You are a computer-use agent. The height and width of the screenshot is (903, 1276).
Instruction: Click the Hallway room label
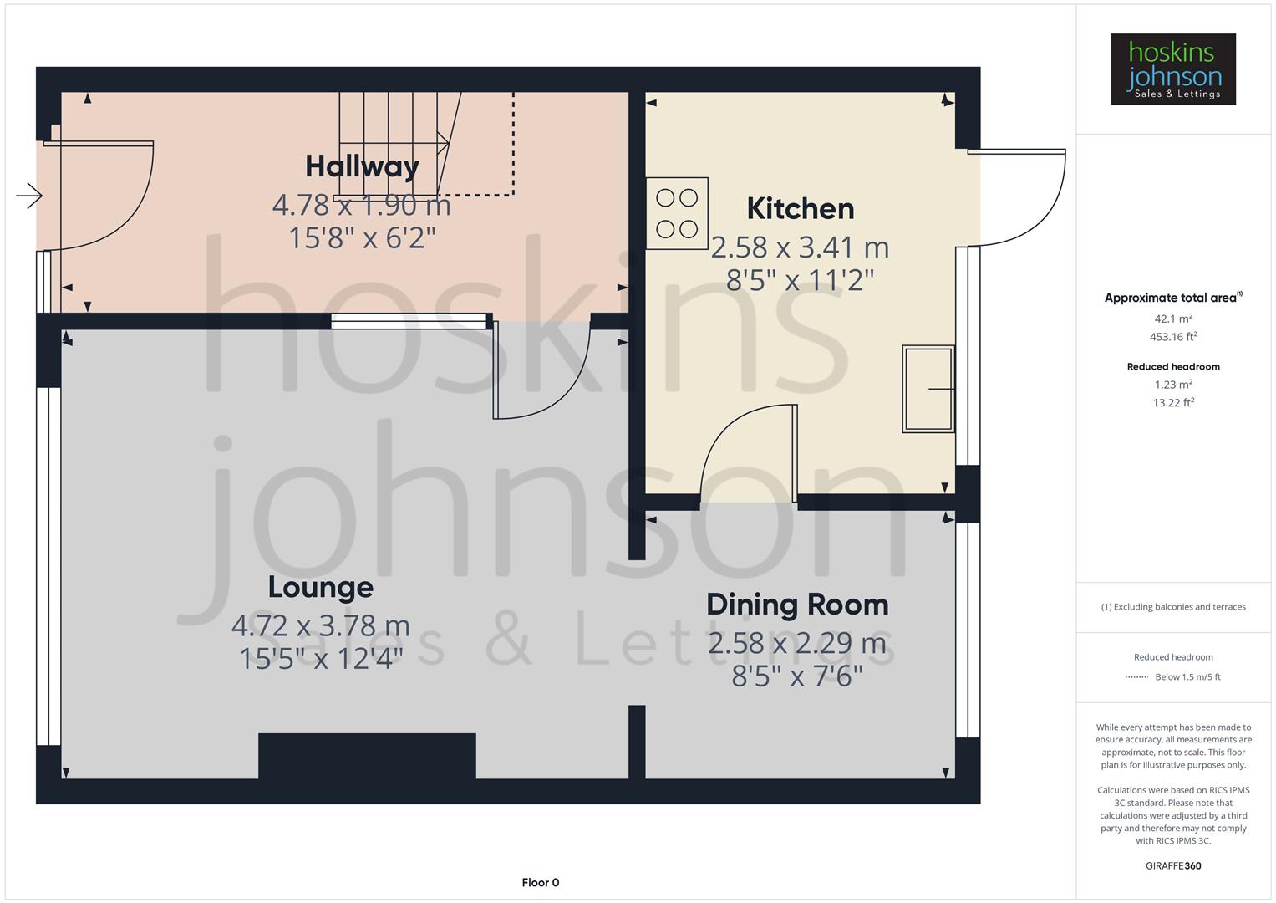tap(362, 166)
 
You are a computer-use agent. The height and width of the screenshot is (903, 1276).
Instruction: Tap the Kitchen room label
tap(800, 208)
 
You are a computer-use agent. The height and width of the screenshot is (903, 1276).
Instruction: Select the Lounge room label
tap(320, 587)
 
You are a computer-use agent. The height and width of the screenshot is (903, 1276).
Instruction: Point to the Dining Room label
tap(797, 605)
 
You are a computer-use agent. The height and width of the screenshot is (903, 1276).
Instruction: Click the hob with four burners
tap(677, 213)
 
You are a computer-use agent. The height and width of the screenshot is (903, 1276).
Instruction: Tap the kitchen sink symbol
tap(928, 389)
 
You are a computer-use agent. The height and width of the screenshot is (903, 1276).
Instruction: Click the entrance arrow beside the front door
tap(29, 196)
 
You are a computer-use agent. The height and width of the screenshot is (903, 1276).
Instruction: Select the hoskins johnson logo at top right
tap(1172, 69)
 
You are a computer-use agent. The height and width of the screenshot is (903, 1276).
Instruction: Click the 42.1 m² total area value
tap(1173, 319)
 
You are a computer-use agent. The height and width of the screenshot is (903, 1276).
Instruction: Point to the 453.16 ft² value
tap(1173, 337)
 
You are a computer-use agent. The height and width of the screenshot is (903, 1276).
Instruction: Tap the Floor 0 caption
tap(541, 882)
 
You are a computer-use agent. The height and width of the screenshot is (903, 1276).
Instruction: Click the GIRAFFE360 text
tap(1173, 865)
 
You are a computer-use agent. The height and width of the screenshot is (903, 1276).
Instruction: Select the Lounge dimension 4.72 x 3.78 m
tap(320, 625)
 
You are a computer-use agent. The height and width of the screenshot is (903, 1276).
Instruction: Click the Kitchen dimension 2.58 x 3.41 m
tap(800, 247)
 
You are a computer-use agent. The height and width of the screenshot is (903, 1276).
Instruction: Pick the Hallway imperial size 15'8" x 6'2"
tap(362, 238)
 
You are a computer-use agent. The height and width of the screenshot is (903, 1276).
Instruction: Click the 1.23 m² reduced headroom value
tap(1173, 385)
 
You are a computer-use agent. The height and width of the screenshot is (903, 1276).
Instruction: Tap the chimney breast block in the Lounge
tap(367, 756)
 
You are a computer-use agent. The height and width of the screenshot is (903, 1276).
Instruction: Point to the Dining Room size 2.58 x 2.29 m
tap(797, 643)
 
